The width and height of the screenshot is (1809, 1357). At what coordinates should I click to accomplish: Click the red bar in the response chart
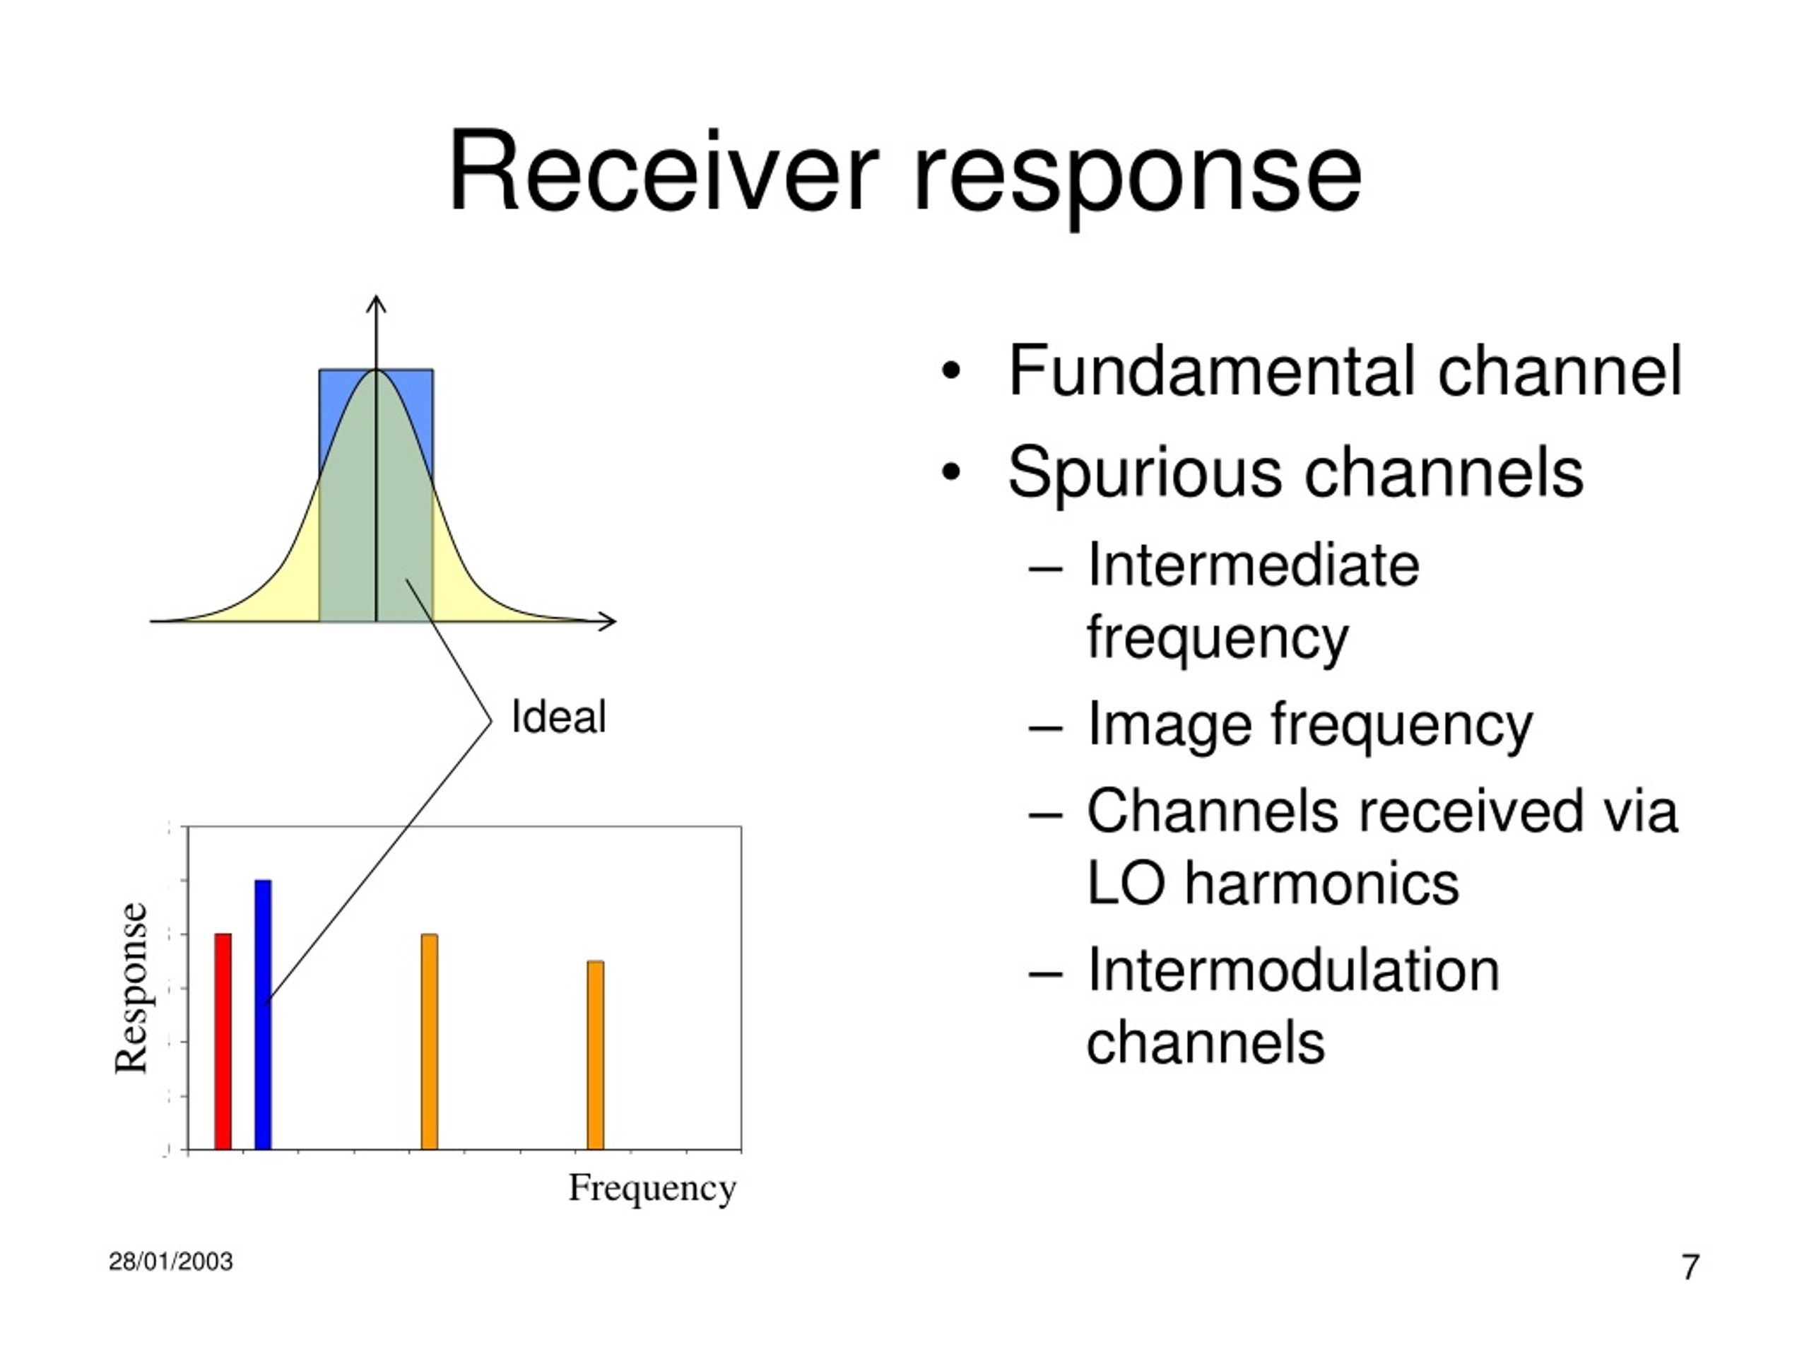pyautogui.click(x=223, y=1041)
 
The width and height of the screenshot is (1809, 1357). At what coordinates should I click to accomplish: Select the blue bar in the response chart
pyautogui.click(x=263, y=1014)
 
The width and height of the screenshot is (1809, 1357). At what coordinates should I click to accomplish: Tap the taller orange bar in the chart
pyautogui.click(x=430, y=1041)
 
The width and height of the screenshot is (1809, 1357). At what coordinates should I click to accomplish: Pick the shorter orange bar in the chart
pyautogui.click(x=596, y=1055)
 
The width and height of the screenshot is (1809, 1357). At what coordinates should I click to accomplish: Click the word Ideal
pyautogui.click(x=558, y=717)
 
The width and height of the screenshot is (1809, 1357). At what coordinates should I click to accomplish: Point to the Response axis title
pyautogui.click(x=131, y=988)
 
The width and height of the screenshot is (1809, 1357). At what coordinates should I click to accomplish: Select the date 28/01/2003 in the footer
pyautogui.click(x=171, y=1262)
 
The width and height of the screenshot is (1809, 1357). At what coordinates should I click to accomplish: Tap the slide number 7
pyautogui.click(x=1690, y=1267)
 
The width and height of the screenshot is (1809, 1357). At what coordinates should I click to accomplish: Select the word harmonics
pyautogui.click(x=1322, y=884)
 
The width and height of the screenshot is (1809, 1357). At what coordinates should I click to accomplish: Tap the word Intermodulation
pyautogui.click(x=1293, y=970)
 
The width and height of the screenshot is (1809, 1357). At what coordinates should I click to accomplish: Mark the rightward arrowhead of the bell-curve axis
pyautogui.click(x=607, y=621)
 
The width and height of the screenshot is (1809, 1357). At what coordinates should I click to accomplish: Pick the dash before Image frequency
pyautogui.click(x=1046, y=727)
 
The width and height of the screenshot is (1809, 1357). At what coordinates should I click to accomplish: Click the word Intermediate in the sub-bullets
pyautogui.click(x=1253, y=565)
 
